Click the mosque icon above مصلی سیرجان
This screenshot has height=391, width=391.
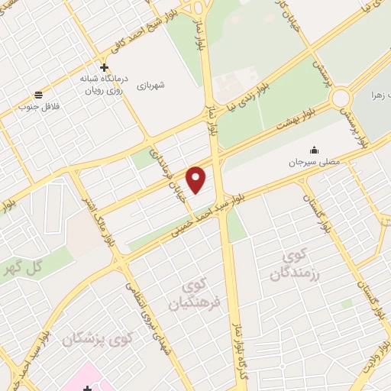tap(313, 150)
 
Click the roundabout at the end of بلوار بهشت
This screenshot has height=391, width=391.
tap(340, 98)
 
